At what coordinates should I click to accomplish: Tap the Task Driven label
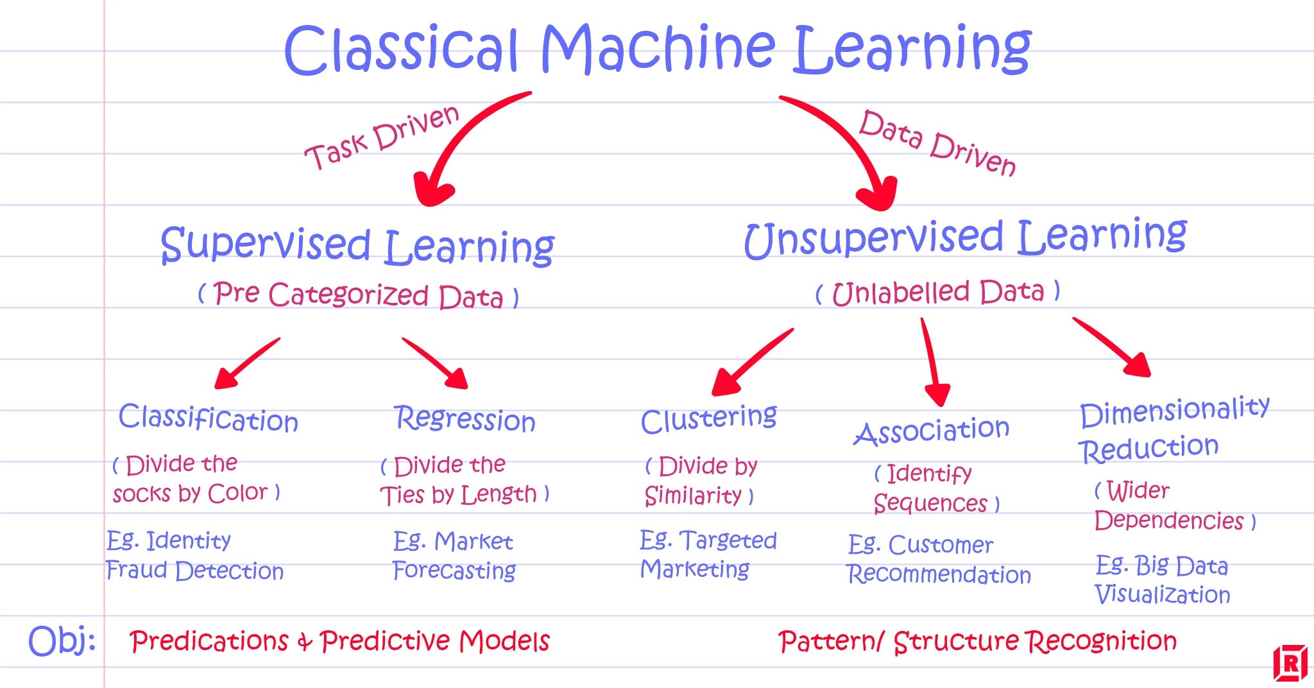382,137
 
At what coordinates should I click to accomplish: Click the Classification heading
209,418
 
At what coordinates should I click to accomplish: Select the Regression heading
465,420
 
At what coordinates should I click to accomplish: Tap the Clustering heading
708,420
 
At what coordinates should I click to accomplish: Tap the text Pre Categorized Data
358,295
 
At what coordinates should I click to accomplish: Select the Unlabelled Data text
938,293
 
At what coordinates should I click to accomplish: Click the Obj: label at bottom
62,641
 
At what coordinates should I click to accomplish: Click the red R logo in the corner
1290,662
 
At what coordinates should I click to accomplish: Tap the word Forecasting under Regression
454,571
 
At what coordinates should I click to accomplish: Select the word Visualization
1162,595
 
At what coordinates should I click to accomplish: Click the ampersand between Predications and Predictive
304,642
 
